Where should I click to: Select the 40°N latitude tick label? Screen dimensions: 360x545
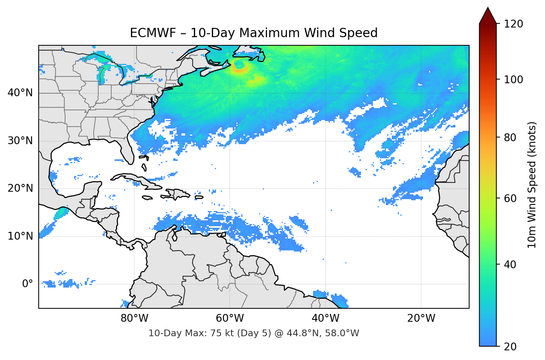click(20, 93)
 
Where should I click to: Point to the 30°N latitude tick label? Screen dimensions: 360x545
click(20, 141)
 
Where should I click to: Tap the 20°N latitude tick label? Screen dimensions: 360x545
click(20, 188)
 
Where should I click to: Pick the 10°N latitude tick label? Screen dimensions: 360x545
click(20, 236)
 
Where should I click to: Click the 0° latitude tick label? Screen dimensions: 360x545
click(28, 284)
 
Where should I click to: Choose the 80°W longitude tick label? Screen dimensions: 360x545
click(134, 318)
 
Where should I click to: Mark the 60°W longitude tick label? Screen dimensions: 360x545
click(230, 318)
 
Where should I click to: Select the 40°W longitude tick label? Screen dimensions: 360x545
click(326, 318)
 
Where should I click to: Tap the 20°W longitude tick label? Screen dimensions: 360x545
click(421, 318)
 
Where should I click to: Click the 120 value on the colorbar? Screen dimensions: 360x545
click(513, 24)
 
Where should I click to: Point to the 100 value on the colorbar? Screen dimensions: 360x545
click(513, 80)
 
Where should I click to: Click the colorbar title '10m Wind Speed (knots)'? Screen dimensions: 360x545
click(532, 185)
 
